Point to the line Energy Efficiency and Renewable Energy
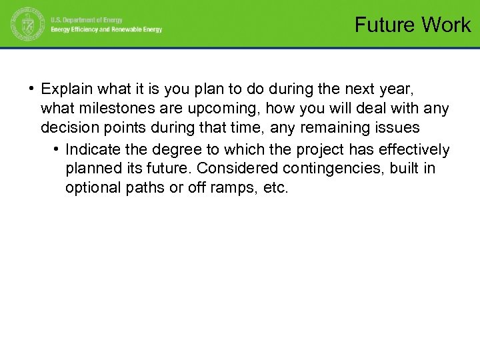[x=107, y=30]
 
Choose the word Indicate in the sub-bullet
[x=92, y=149]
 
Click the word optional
[x=91, y=188]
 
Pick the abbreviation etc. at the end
[x=277, y=188]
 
